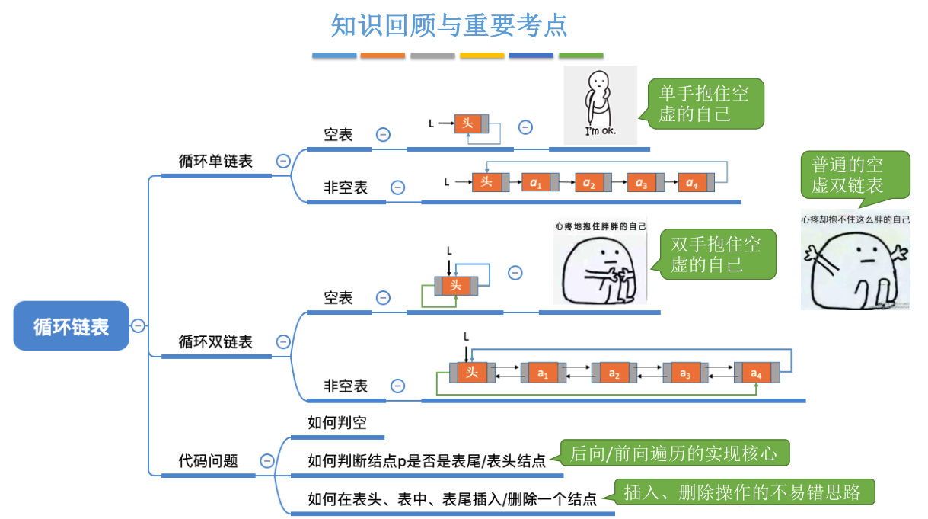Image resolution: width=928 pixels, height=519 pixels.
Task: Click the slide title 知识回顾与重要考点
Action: (x=449, y=26)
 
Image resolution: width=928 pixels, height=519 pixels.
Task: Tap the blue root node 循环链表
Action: (x=72, y=326)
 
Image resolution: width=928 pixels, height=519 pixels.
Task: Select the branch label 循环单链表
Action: (x=215, y=161)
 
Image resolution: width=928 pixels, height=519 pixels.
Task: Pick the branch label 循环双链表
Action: (x=215, y=342)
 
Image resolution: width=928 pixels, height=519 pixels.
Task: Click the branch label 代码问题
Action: (x=208, y=460)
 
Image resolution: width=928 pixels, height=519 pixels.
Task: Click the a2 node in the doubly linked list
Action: (x=614, y=373)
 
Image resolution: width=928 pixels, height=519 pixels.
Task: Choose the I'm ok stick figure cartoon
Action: (x=600, y=104)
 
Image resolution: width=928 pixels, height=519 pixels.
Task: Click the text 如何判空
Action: (x=336, y=423)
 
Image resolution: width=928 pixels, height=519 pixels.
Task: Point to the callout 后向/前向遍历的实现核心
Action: (x=673, y=453)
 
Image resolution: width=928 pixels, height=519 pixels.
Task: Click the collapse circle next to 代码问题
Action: (x=267, y=460)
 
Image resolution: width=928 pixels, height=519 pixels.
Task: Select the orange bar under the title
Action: (x=382, y=56)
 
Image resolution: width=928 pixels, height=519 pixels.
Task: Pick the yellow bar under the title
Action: (x=482, y=56)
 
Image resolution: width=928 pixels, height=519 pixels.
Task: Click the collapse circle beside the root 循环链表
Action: (x=138, y=325)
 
